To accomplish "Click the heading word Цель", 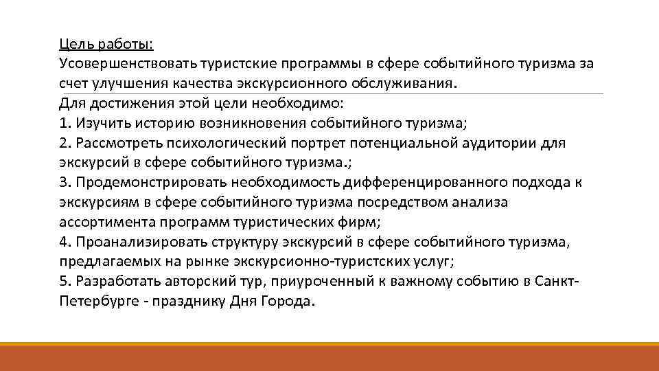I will (72, 45).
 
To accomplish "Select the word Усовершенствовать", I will (128, 64).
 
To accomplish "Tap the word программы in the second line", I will (314, 64).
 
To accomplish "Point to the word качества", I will (209, 84).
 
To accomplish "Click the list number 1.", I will (63, 124).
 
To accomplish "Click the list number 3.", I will (63, 183).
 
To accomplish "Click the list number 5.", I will (63, 282).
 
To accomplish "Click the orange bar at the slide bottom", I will (329, 357).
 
